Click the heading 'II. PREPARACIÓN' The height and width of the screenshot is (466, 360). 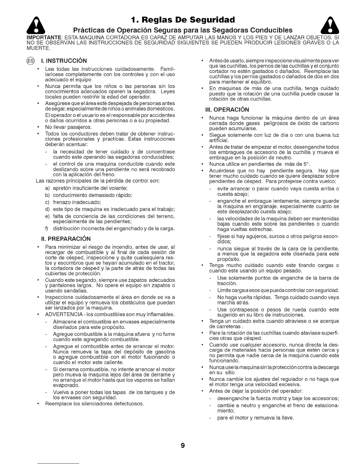coord(66,239)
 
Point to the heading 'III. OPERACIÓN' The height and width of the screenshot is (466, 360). coord(227,110)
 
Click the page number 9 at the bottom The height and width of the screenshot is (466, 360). coord(183,446)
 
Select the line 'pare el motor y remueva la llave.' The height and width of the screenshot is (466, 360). coord(255,417)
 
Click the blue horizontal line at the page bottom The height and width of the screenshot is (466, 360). coord(58,464)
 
